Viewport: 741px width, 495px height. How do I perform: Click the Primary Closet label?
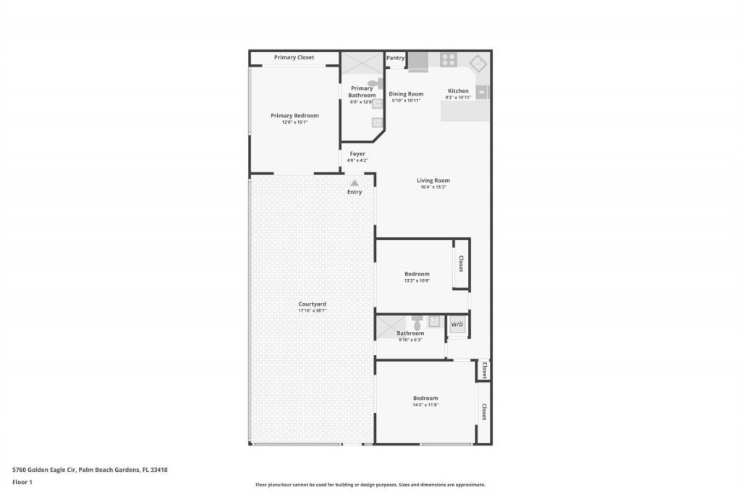click(294, 57)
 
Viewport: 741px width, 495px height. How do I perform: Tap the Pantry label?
click(395, 58)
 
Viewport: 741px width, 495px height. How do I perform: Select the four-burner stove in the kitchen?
click(448, 60)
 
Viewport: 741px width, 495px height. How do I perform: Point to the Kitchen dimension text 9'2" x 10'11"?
click(458, 97)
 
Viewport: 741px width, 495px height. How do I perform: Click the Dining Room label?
click(406, 93)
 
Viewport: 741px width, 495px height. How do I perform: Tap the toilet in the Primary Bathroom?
click(374, 83)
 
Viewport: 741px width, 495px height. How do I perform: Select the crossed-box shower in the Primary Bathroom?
click(362, 62)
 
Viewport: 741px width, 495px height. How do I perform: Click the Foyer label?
click(357, 154)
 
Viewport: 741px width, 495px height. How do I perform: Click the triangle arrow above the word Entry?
click(355, 183)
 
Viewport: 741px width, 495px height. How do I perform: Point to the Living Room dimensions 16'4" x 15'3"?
click(433, 187)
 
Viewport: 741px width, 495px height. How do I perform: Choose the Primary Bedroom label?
click(295, 115)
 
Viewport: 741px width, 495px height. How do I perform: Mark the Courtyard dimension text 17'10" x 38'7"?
click(312, 310)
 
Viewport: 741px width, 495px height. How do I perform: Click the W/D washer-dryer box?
click(457, 325)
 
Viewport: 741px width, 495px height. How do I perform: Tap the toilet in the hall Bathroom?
click(417, 320)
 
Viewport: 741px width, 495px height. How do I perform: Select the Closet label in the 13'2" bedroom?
click(461, 265)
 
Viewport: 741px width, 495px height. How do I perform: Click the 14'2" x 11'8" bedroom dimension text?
click(425, 404)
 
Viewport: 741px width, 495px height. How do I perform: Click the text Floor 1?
click(23, 482)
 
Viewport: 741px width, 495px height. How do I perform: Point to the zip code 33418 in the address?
click(160, 469)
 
